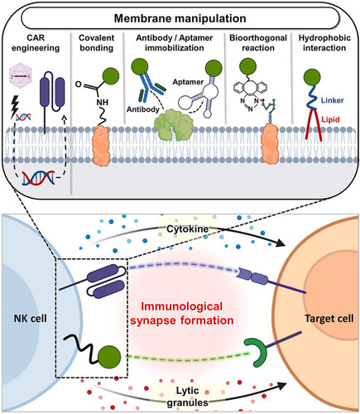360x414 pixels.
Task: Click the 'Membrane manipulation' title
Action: [x=180, y=19]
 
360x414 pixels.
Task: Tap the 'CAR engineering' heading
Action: [x=36, y=43]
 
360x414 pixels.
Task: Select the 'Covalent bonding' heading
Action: [x=97, y=43]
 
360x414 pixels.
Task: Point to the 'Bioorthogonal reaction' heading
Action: [x=258, y=43]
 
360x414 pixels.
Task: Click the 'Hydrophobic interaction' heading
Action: [x=324, y=43]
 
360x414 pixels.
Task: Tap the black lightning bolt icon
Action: [x=14, y=107]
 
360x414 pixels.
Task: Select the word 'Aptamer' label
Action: [x=188, y=82]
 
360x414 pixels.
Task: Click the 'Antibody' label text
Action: [x=143, y=109]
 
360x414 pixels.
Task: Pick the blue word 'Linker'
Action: [x=332, y=100]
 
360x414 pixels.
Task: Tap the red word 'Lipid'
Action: [x=330, y=119]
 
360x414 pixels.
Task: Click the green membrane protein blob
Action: [x=173, y=124]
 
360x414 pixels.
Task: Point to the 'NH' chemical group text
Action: [x=103, y=103]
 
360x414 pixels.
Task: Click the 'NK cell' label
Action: [x=31, y=319]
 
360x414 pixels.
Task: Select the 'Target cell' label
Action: [x=329, y=319]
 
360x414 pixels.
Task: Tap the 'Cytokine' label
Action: [x=188, y=229]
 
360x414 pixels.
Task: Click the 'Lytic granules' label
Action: [x=188, y=397]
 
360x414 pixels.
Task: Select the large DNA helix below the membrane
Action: [x=38, y=178]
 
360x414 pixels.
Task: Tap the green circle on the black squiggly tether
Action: [x=109, y=357]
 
